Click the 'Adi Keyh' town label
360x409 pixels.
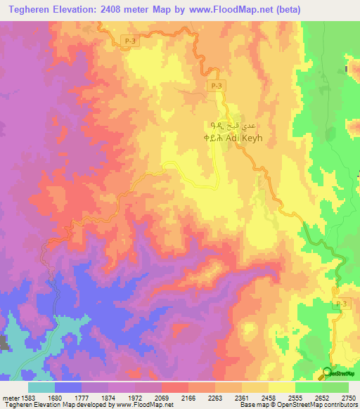[x=243, y=138]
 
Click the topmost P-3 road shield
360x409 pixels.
[x=127, y=41]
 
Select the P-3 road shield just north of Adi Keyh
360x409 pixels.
[x=217, y=86]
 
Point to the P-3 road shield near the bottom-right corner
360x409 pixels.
[x=341, y=302]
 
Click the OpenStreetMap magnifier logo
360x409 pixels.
[x=328, y=372]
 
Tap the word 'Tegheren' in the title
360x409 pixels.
[x=31, y=10]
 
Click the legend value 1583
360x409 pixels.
[x=29, y=398]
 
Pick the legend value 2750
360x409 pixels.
[x=349, y=398]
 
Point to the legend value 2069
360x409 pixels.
[x=174, y=398]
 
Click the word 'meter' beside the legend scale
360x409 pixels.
[x=10, y=398]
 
